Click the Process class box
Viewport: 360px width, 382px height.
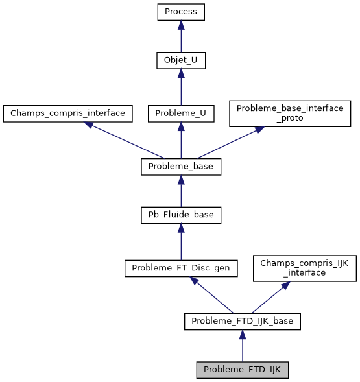click(181, 12)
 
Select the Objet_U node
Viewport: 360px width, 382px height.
click(181, 62)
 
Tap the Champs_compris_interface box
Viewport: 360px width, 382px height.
click(67, 113)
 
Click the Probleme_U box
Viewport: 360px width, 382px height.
click(181, 113)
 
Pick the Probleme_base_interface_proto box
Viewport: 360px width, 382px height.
click(289, 113)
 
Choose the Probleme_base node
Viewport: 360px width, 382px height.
click(181, 167)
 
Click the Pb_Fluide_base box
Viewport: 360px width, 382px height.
click(181, 215)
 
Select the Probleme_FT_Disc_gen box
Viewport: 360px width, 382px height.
click(181, 267)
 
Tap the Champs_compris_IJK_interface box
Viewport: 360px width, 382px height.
click(304, 267)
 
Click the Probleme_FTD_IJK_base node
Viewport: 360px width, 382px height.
click(242, 321)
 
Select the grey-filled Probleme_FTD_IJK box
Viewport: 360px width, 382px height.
click(242, 370)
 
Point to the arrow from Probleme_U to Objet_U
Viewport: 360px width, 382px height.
click(181, 88)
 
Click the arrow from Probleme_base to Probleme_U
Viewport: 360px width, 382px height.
click(181, 140)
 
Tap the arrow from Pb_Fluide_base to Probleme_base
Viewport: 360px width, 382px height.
click(181, 191)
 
